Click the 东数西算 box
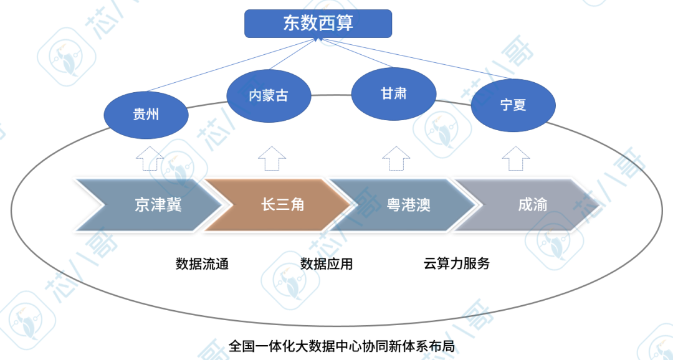point(318,23)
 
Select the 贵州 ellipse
point(146,114)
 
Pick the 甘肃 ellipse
point(393,93)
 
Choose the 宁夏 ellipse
point(513,105)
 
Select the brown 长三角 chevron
point(277,205)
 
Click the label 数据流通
point(202,263)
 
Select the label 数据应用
point(327,263)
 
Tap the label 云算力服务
point(457,263)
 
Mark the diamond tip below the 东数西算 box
point(317,40)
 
